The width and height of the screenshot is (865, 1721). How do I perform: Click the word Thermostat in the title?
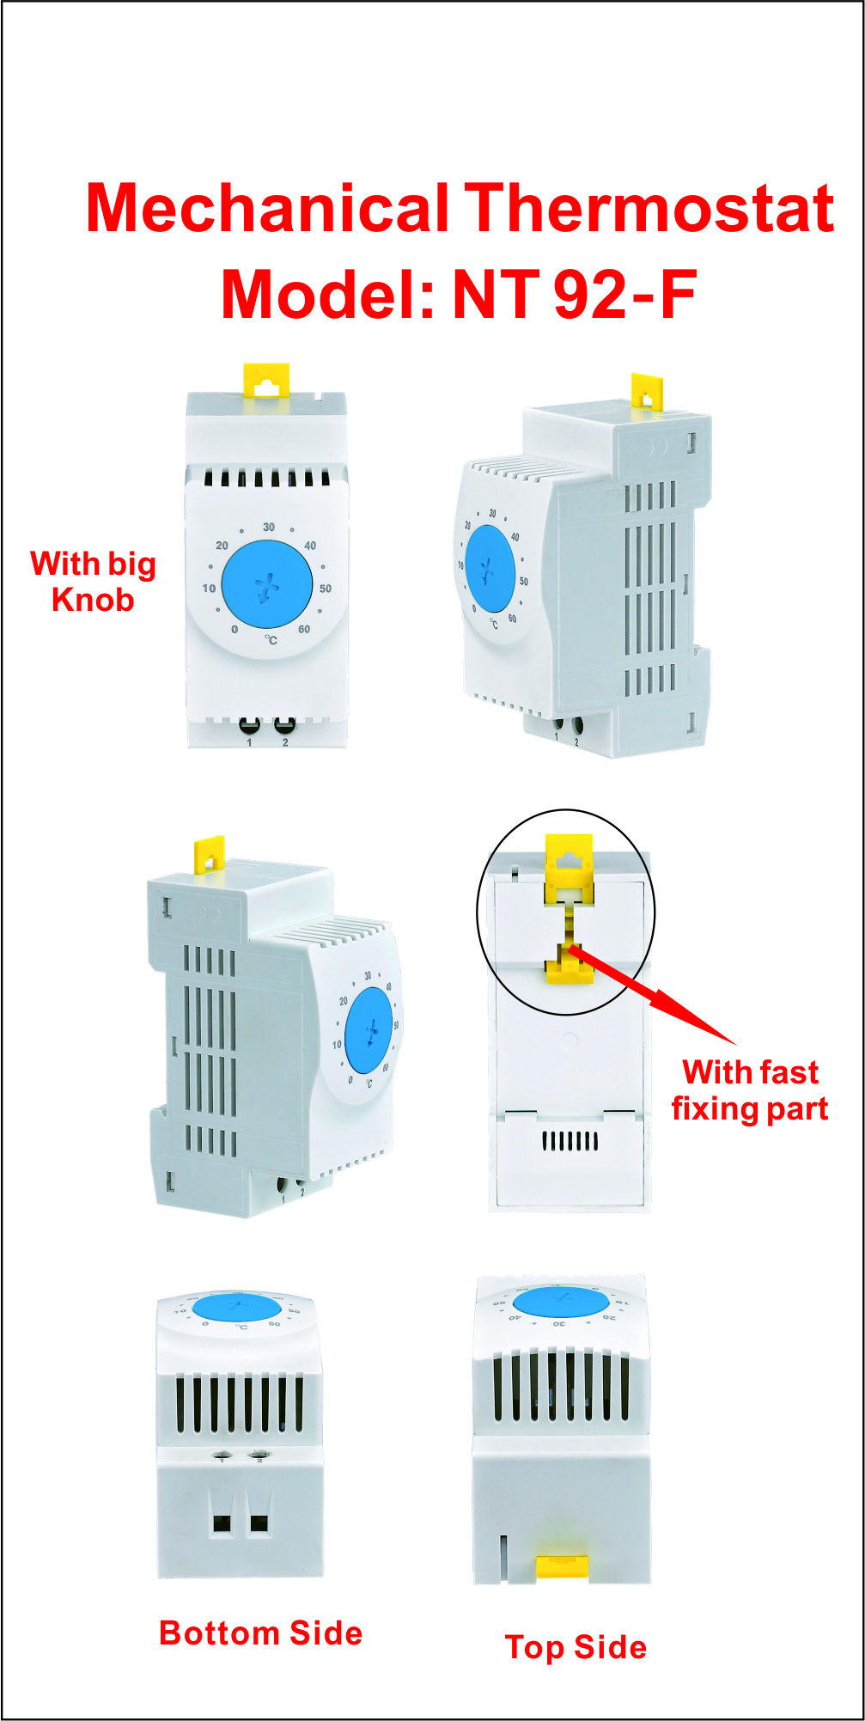pyautogui.click(x=649, y=209)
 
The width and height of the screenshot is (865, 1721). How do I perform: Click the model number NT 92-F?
pyautogui.click(x=574, y=295)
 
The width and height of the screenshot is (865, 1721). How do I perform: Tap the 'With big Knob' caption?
pyautogui.click(x=93, y=582)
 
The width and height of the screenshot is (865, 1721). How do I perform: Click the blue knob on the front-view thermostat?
pyautogui.click(x=267, y=584)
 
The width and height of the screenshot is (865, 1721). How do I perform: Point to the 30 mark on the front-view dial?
pyautogui.click(x=269, y=527)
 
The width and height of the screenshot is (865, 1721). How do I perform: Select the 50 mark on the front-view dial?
pyautogui.click(x=326, y=589)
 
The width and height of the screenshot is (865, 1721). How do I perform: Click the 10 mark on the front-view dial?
pyautogui.click(x=209, y=589)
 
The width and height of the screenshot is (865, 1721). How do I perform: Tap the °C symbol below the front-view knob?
pyautogui.click(x=271, y=640)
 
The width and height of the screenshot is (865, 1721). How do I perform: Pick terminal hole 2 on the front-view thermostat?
pyautogui.click(x=284, y=725)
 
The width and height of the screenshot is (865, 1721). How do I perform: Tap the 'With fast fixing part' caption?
pyautogui.click(x=750, y=1090)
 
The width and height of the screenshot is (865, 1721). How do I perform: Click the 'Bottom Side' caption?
pyautogui.click(x=261, y=1633)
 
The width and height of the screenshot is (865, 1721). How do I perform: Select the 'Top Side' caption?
pyautogui.click(x=576, y=1647)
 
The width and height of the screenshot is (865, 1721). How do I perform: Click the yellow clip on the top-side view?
pyautogui.click(x=562, y=1566)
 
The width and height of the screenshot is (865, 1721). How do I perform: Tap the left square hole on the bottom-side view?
pyautogui.click(x=222, y=1524)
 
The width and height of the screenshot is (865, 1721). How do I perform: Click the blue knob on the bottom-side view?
pyautogui.click(x=237, y=1307)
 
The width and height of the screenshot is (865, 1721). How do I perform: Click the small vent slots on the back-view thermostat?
pyautogui.click(x=570, y=1141)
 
